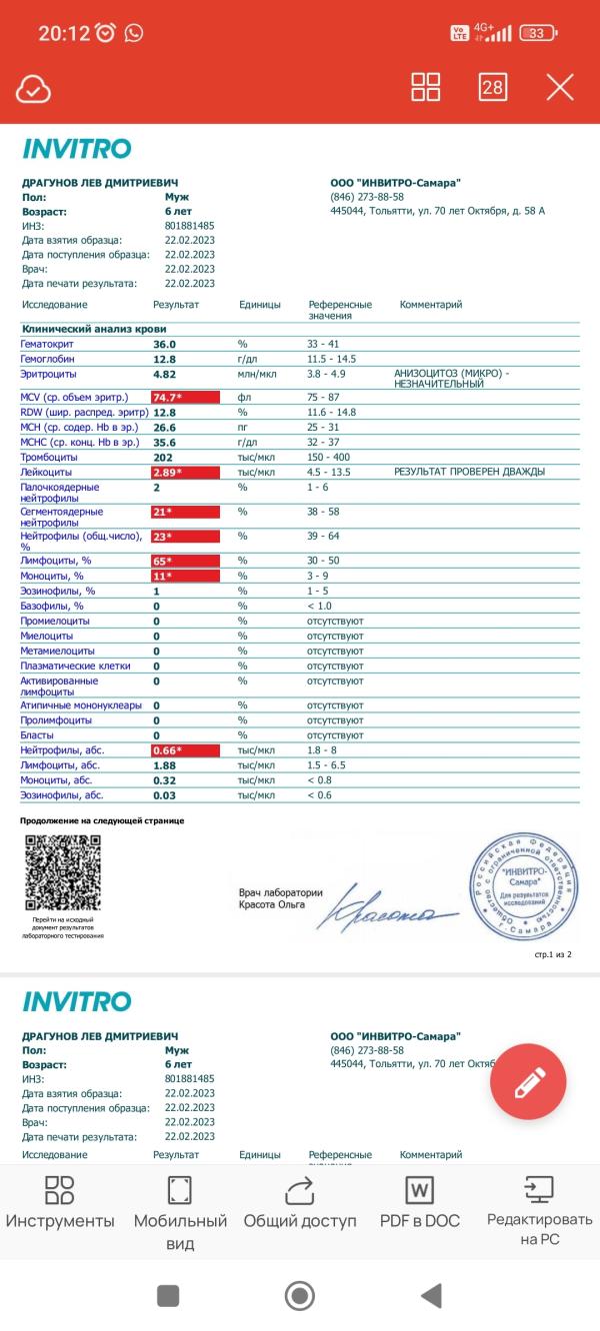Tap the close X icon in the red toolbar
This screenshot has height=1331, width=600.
(x=560, y=87)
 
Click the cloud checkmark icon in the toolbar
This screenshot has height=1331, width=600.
(x=33, y=89)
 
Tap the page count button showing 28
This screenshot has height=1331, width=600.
(x=492, y=87)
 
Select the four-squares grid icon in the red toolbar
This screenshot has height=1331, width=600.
(x=426, y=87)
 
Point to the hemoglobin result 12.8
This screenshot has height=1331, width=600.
(x=165, y=358)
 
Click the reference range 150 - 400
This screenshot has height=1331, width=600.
(x=330, y=457)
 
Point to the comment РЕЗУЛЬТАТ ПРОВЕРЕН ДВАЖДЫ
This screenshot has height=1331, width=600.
(x=470, y=472)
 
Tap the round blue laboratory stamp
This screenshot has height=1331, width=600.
(x=523, y=884)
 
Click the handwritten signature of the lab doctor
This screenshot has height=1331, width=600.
(x=394, y=905)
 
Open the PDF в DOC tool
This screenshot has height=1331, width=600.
(x=419, y=1203)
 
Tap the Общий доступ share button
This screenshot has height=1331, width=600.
(x=299, y=1203)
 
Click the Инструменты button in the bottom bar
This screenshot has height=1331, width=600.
(x=60, y=1203)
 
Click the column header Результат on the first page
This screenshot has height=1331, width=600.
(x=176, y=305)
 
